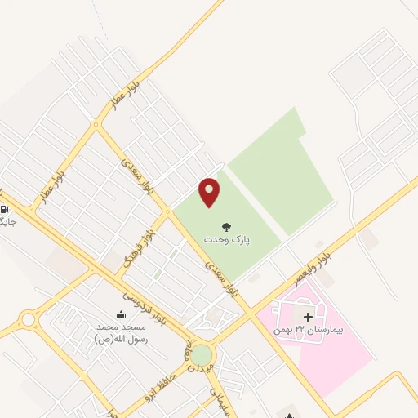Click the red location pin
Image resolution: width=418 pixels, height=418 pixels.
click(x=210, y=191)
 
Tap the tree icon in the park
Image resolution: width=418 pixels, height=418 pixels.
click(x=226, y=225)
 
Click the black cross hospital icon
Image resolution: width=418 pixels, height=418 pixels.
click(x=308, y=317)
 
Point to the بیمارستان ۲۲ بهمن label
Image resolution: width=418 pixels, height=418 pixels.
click(x=309, y=331)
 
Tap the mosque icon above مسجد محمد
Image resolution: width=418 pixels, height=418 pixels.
click(x=122, y=315)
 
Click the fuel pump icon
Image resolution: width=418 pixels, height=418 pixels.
click(x=4, y=210)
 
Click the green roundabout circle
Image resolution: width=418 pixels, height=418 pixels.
click(x=200, y=355)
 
